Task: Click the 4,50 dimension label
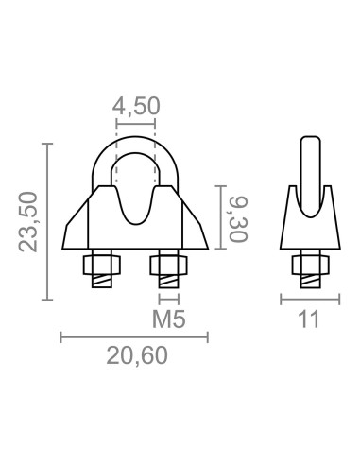pyautogui.click(x=135, y=107)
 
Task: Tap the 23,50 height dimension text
pyautogui.click(x=27, y=223)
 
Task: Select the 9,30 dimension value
pyautogui.click(x=238, y=215)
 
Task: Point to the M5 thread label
pyautogui.click(x=167, y=319)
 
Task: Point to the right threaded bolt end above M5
pyautogui.click(x=167, y=281)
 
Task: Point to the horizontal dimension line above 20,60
pyautogui.click(x=135, y=336)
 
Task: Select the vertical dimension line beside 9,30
pyautogui.click(x=220, y=215)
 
